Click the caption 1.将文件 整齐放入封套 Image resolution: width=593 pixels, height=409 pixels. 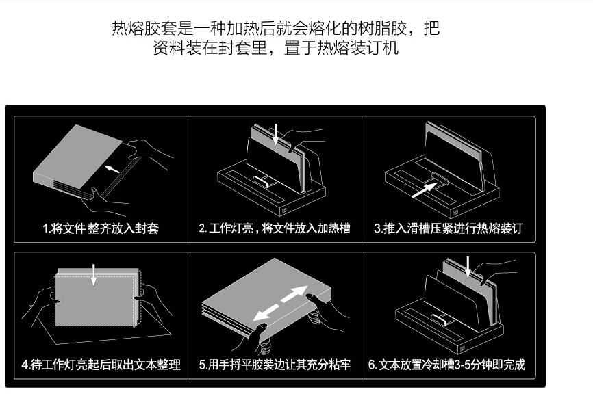(101, 228)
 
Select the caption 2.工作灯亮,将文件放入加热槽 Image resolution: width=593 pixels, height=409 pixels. (275, 228)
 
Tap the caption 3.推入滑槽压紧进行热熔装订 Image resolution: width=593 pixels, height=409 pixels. (449, 228)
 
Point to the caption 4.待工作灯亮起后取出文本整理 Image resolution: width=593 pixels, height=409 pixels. (101, 365)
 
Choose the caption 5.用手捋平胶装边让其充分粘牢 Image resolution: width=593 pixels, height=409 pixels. (275, 365)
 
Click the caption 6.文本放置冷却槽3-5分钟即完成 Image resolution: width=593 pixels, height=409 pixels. (449, 365)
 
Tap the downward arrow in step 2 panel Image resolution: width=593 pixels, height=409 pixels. (275, 133)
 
